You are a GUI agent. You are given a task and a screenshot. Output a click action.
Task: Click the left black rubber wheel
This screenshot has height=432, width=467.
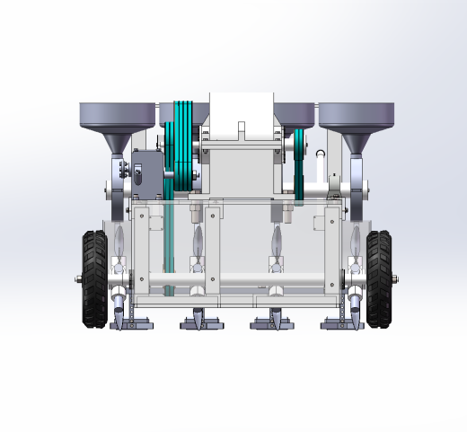(x=94, y=279)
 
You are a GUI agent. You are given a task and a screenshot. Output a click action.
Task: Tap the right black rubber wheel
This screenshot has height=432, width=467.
(x=379, y=279)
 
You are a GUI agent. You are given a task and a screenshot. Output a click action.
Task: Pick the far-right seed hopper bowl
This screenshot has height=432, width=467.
(x=357, y=114)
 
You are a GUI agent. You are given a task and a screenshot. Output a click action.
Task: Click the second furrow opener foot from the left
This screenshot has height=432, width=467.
(x=198, y=322)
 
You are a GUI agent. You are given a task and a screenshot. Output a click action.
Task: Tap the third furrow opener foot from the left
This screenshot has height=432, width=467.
(x=274, y=322)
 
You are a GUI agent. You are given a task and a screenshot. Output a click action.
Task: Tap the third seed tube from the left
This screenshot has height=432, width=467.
(x=277, y=241)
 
